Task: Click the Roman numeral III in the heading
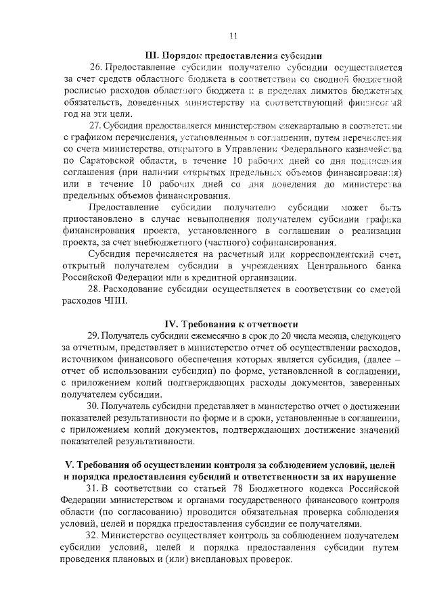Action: (x=153, y=55)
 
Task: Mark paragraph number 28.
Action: (x=94, y=289)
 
